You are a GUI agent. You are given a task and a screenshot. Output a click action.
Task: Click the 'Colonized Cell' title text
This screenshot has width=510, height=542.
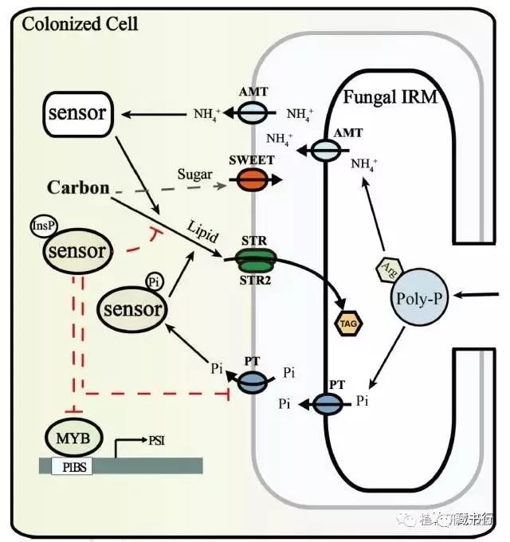[80, 22]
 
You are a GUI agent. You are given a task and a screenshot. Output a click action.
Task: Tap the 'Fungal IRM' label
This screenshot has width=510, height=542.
[385, 100]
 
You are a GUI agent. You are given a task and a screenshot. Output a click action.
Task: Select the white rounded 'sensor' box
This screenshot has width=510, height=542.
[76, 113]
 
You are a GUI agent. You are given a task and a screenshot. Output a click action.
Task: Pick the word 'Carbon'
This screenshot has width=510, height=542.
[78, 188]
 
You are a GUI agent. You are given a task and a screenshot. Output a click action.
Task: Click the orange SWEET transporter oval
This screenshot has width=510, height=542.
[252, 180]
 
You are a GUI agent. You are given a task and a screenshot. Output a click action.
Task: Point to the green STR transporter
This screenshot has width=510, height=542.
[253, 257]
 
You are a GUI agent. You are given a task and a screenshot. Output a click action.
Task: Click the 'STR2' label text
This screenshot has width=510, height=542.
[253, 279]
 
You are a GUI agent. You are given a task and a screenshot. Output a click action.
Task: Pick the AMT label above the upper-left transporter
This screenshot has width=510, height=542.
[253, 92]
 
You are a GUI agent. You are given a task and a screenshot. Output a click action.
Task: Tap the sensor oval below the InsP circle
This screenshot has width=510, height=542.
[76, 253]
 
